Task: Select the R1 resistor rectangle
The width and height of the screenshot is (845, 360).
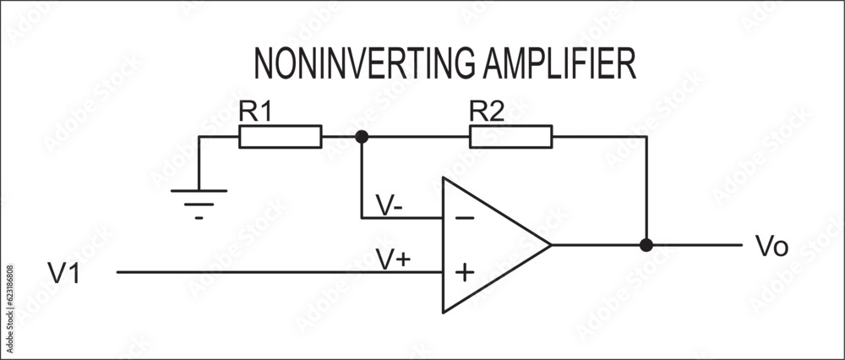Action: click(x=281, y=136)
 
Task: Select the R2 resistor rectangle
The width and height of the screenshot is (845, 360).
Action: click(x=511, y=136)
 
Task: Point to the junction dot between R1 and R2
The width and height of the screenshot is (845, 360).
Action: click(x=362, y=136)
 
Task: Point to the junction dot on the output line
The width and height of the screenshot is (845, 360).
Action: click(x=646, y=245)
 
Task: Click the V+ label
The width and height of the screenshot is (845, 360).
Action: click(x=393, y=260)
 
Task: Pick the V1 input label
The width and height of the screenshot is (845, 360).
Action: click(x=64, y=274)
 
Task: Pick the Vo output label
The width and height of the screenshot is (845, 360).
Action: click(x=771, y=247)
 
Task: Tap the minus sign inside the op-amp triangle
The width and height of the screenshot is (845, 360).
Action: click(x=464, y=218)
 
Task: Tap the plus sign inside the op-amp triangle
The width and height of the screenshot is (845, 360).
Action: click(x=464, y=273)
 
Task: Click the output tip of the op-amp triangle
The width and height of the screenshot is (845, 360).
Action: click(x=550, y=245)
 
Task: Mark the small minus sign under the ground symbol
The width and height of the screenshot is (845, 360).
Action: click(x=199, y=217)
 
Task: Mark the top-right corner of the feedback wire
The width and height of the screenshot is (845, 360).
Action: click(x=646, y=136)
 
